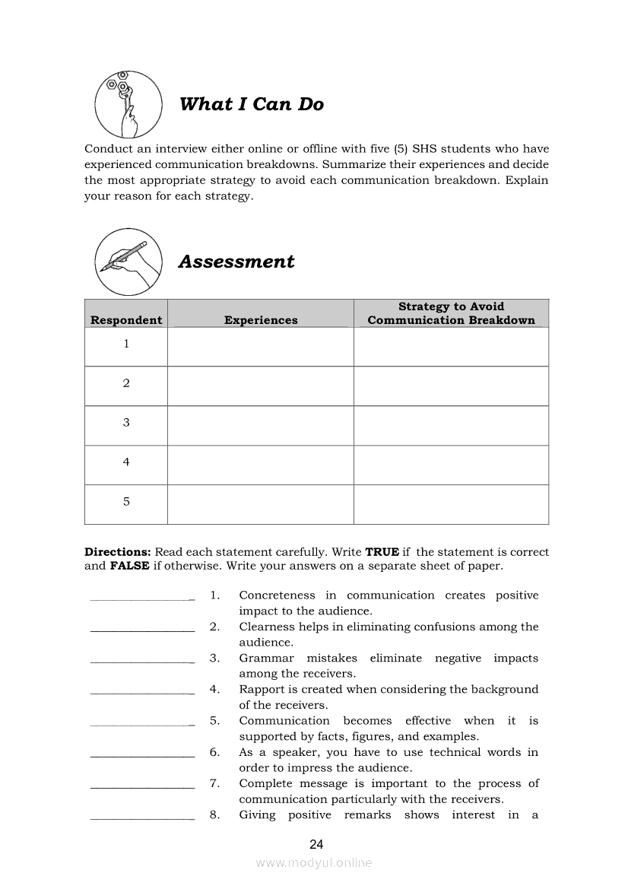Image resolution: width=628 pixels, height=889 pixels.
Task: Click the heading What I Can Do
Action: click(x=251, y=104)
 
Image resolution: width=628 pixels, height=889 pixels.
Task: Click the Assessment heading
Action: click(x=236, y=262)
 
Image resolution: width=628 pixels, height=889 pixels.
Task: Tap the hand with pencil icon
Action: click(x=128, y=261)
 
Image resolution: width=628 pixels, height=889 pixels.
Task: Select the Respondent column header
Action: click(x=126, y=320)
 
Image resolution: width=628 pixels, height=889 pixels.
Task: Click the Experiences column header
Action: click(x=261, y=320)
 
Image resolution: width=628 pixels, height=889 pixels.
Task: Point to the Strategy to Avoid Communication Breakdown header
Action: click(x=451, y=313)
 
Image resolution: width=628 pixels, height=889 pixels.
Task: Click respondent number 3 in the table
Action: click(x=126, y=423)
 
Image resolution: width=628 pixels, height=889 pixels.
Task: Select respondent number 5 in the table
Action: click(x=126, y=502)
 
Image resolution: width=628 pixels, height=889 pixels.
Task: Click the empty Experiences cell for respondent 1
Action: click(x=260, y=347)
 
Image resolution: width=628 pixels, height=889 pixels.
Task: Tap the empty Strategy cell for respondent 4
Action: click(x=451, y=465)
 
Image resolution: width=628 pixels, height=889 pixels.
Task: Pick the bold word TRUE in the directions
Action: click(x=382, y=552)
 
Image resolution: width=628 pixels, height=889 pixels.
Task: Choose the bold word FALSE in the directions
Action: click(x=129, y=567)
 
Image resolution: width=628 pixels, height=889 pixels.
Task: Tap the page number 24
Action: click(x=317, y=844)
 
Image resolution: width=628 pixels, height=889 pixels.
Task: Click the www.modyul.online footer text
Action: click(x=314, y=863)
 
